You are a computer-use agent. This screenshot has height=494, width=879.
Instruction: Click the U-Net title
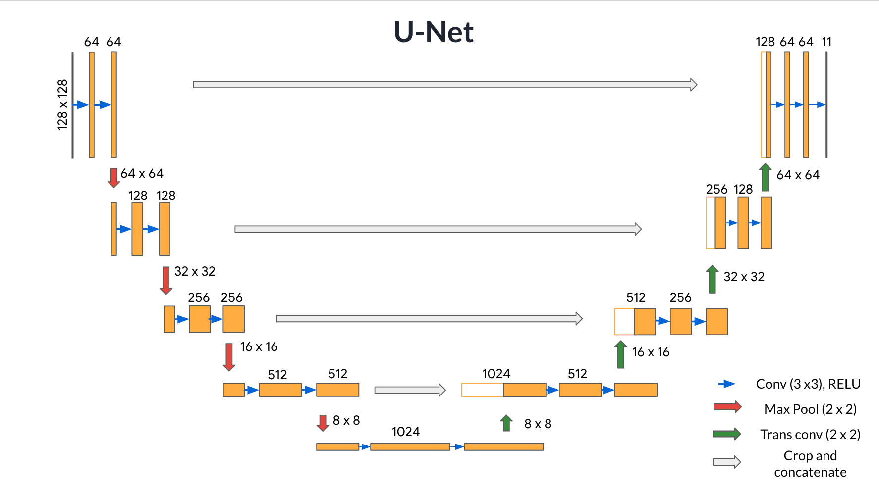pos(434,32)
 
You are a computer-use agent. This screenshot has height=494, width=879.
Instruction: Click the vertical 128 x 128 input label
pos(62,105)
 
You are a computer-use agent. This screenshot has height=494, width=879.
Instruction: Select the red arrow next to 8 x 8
pos(323,423)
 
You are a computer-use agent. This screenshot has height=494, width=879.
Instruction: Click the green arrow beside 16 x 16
pos(621,354)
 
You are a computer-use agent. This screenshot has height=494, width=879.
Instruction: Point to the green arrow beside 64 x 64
pos(765,177)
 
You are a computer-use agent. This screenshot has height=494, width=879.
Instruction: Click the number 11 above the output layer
pos(826,42)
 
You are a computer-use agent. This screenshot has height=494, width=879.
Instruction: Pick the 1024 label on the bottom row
pos(405,432)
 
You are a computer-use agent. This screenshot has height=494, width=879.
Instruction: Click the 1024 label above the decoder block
pos(496,374)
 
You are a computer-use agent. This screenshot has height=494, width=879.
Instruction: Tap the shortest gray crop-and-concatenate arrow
pos(410,390)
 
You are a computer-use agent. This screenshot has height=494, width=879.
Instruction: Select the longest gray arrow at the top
pos(444,85)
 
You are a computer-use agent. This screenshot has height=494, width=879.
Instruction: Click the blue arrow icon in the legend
pos(726,384)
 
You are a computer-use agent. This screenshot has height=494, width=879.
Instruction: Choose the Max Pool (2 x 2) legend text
pos(810,409)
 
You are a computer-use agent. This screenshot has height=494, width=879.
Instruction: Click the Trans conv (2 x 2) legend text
pos(810,435)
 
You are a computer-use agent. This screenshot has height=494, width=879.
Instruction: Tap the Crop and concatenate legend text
pos(810,464)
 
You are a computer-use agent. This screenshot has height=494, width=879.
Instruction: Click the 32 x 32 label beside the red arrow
pos(195,271)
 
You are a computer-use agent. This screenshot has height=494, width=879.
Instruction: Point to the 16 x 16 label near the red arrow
pos(259,346)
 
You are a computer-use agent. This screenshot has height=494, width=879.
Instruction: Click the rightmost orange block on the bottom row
pos(503,447)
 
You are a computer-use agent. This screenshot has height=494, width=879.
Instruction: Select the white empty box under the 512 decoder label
pos(624,322)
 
